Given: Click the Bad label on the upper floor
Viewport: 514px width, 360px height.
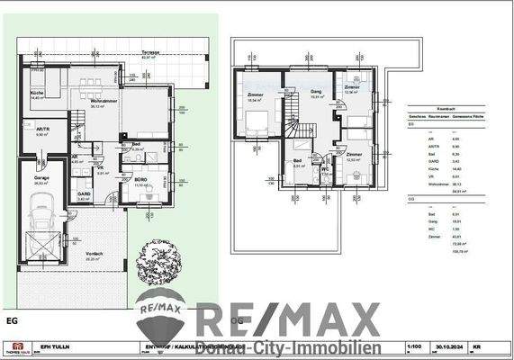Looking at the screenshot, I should click(x=298, y=161).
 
